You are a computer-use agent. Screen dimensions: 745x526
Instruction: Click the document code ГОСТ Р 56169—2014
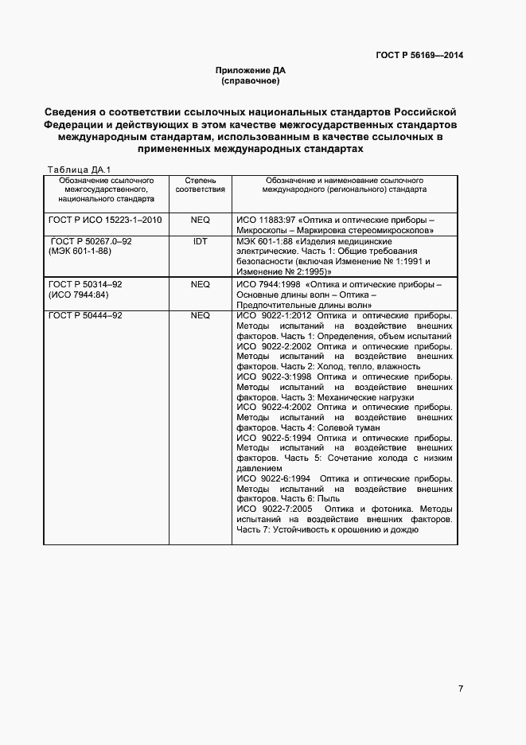click(419, 55)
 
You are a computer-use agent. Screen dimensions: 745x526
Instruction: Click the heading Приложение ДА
click(250, 71)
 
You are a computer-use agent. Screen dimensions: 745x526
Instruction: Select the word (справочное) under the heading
click(250, 81)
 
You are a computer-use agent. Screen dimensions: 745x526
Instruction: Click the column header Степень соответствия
click(200, 185)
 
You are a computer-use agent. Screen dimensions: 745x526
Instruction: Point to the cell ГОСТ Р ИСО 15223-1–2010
click(105, 219)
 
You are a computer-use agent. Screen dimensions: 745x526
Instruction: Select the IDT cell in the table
click(200, 240)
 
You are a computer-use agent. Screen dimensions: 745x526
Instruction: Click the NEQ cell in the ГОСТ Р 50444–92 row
click(200, 316)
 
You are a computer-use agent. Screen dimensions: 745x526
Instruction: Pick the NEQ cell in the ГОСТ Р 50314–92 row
click(200, 284)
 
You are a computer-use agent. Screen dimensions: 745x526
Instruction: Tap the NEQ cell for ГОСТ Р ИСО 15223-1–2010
click(200, 219)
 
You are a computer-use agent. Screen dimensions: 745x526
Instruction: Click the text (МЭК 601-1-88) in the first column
click(78, 251)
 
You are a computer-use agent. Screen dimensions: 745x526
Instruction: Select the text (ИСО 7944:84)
click(76, 294)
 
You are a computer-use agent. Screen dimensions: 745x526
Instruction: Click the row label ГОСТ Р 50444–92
click(85, 316)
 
